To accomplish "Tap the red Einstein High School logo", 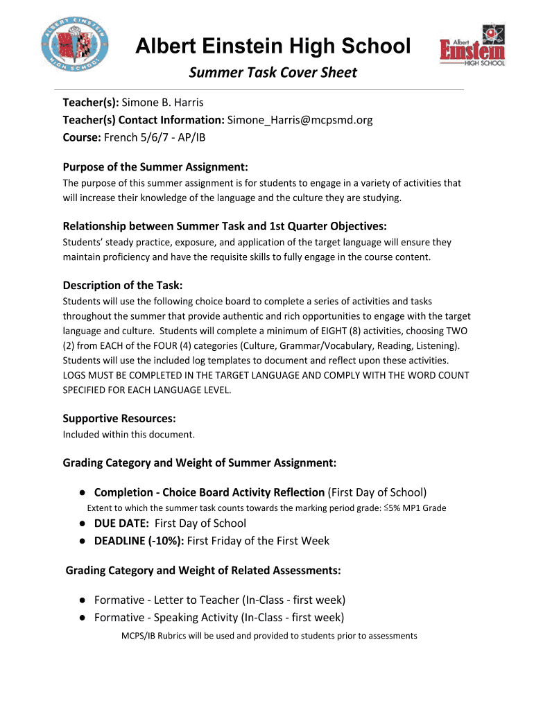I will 472,52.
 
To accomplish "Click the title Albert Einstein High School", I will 273,46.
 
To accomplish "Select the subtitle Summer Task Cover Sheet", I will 273,73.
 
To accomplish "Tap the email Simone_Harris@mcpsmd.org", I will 300,120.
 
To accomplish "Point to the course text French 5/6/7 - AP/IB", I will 155,137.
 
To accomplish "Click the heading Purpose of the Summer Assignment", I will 155,167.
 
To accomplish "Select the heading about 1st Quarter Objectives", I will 225,226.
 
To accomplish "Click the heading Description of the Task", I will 123,285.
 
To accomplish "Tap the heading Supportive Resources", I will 119,418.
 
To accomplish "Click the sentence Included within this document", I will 129,435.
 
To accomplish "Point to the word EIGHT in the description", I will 302,331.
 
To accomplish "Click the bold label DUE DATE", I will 121,523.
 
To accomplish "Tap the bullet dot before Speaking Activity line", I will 83,618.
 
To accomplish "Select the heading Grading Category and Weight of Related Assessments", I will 203,571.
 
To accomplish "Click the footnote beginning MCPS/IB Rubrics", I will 269,635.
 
